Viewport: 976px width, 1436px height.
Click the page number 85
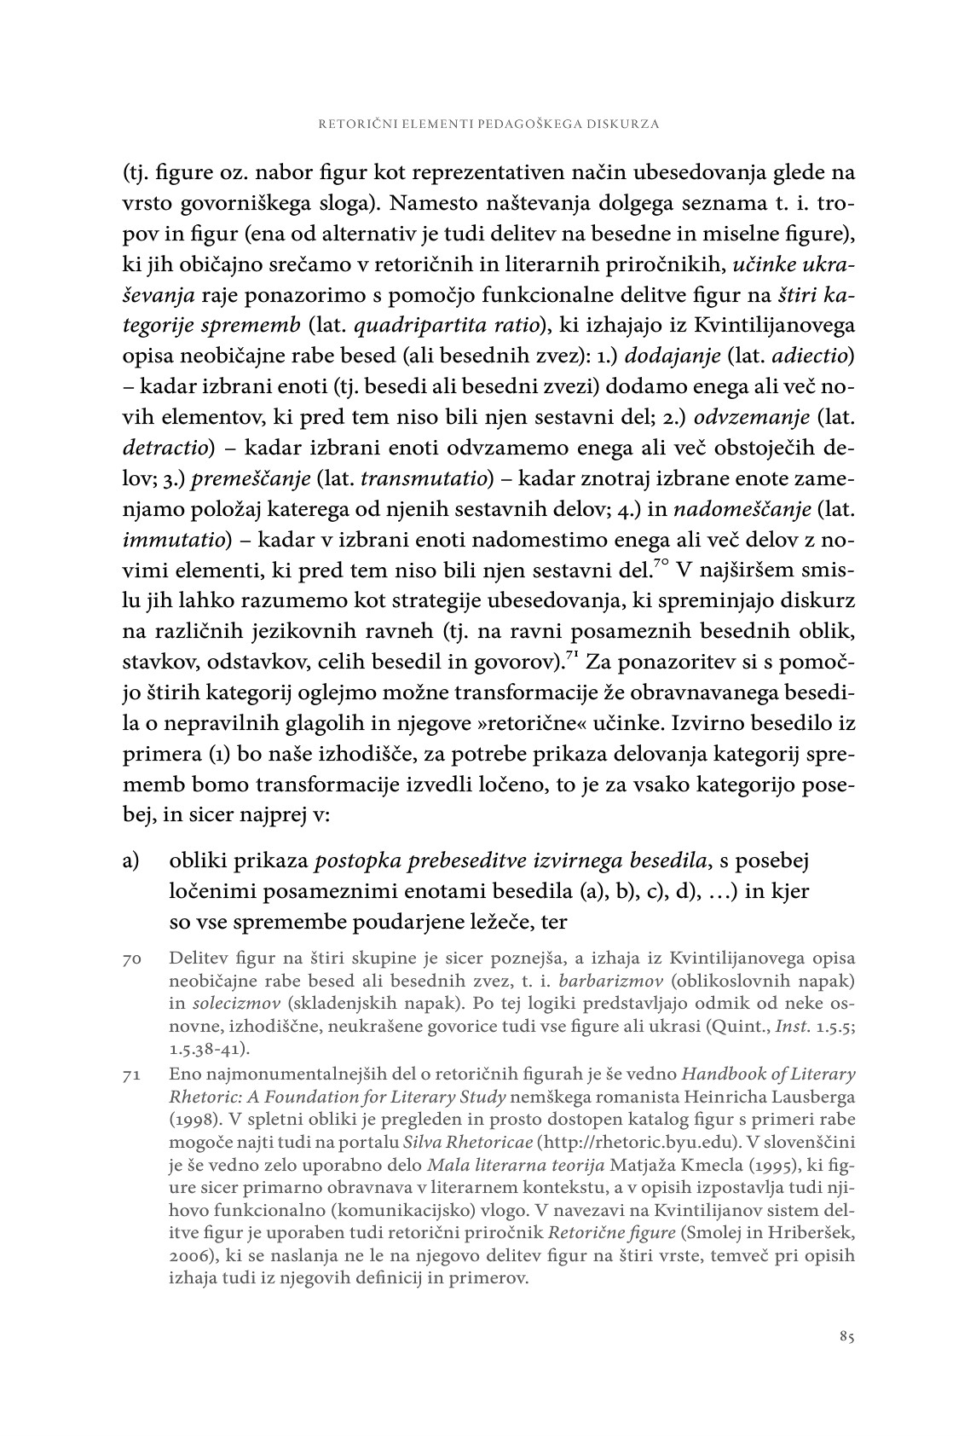(846, 1337)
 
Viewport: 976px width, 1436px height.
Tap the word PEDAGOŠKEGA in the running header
(505, 124)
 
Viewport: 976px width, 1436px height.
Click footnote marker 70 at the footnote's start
(131, 960)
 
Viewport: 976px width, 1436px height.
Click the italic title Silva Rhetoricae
(518, 1142)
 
